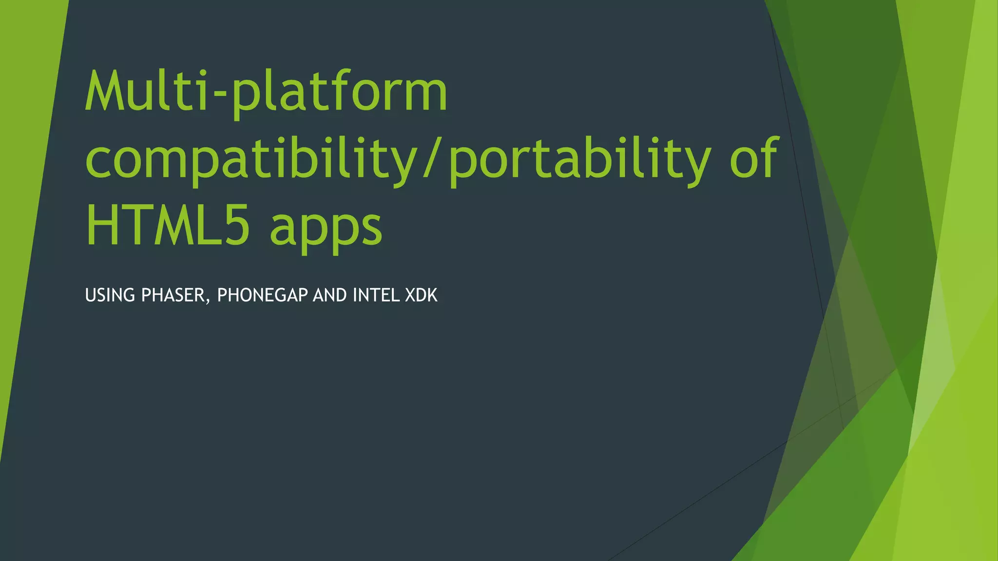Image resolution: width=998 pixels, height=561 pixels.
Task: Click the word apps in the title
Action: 326,229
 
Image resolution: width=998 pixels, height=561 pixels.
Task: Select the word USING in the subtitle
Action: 110,296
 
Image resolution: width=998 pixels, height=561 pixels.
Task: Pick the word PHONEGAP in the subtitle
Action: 262,296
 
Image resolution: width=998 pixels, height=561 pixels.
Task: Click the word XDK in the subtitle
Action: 421,296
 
